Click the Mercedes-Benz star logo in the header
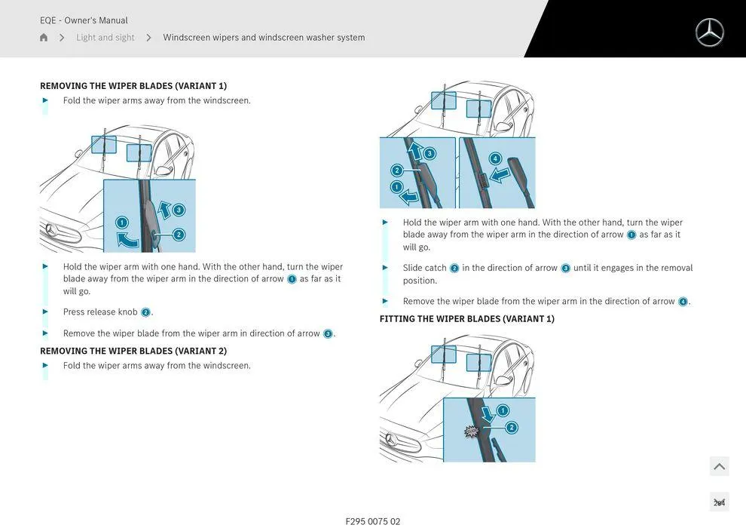click(x=709, y=32)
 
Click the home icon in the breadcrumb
click(x=44, y=38)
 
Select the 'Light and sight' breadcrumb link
click(x=105, y=38)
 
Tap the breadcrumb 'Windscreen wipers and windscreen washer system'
click(x=264, y=38)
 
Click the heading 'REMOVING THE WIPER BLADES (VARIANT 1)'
click(x=133, y=86)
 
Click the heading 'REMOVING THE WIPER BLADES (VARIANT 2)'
click(x=133, y=351)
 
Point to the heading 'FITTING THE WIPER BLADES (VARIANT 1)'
click(x=466, y=319)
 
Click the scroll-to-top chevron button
click(x=719, y=466)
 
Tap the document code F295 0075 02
click(x=372, y=521)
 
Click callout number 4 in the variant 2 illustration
click(x=495, y=158)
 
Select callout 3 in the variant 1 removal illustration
click(x=179, y=210)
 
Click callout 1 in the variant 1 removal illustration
click(x=122, y=223)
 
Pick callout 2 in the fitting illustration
click(x=512, y=428)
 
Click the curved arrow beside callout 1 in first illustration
click(x=128, y=241)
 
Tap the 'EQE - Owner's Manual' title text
click(x=84, y=20)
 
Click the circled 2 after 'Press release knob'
click(x=145, y=312)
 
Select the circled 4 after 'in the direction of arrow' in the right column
click(x=683, y=302)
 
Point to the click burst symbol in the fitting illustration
click(x=472, y=431)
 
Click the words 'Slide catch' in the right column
click(x=424, y=268)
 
